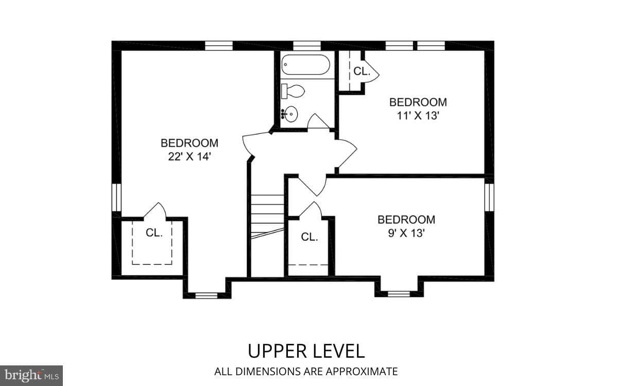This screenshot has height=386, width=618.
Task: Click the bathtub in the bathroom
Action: click(306, 65)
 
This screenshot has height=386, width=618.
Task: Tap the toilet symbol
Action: click(293, 91)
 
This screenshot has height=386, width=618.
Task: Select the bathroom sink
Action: click(289, 114)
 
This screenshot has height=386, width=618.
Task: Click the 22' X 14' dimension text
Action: click(190, 156)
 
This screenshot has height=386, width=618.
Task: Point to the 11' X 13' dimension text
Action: click(418, 115)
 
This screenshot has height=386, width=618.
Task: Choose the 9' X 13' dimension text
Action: click(406, 233)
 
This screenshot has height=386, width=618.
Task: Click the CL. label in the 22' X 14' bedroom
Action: click(154, 233)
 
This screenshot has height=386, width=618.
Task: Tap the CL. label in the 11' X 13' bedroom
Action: click(362, 72)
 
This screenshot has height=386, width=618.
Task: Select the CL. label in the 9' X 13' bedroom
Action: click(310, 237)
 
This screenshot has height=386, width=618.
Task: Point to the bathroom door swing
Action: click(318, 121)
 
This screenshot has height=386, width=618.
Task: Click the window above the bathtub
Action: click(307, 46)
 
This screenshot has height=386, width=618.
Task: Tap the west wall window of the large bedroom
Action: click(116, 197)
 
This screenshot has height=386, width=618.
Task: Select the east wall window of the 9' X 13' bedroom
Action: click(489, 197)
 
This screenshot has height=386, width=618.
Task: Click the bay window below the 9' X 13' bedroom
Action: click(399, 294)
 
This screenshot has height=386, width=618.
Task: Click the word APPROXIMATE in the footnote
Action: click(362, 372)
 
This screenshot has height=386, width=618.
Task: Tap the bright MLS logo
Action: click(31, 376)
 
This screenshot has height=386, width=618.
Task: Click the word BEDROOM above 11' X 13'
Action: click(418, 102)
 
